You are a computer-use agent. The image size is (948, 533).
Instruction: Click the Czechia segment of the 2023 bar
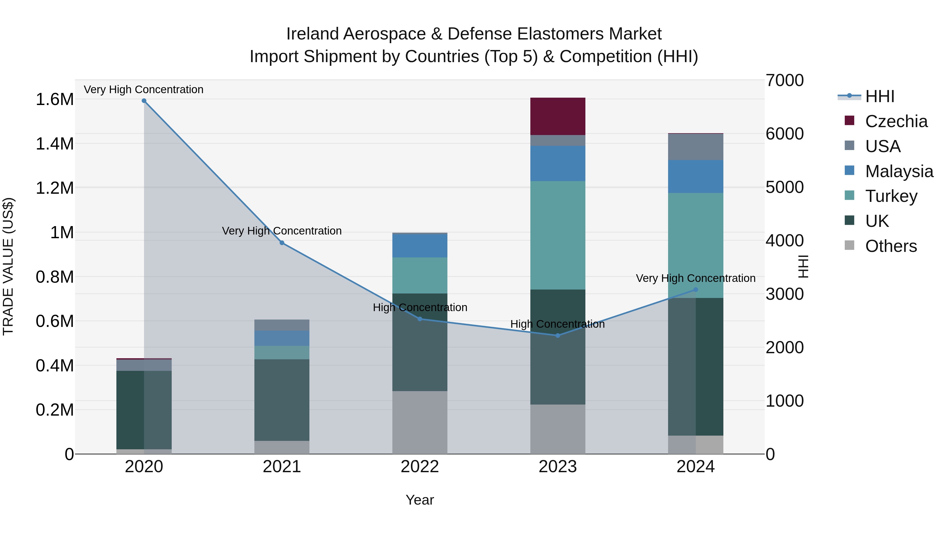557,116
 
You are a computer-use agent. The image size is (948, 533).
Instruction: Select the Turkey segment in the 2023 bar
557,235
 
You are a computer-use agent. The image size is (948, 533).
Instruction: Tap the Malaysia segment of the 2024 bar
695,177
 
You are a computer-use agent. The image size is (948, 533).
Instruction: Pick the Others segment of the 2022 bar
419,422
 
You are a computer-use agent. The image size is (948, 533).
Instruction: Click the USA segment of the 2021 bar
282,325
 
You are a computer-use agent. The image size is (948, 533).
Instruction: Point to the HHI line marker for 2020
144,101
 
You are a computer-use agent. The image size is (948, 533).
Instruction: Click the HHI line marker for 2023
557,336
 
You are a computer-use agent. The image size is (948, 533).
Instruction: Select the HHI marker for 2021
282,243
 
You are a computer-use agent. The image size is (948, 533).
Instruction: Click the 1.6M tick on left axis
55,100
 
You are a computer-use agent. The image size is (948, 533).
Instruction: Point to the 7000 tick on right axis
785,81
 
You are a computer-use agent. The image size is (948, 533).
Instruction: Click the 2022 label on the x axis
419,467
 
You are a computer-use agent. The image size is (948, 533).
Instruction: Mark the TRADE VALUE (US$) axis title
8,266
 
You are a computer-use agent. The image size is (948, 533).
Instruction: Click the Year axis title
419,500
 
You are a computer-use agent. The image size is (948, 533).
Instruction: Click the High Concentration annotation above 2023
557,324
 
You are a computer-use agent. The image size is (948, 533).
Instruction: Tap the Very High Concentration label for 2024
695,278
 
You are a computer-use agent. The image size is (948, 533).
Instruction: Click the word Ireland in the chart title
312,34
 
